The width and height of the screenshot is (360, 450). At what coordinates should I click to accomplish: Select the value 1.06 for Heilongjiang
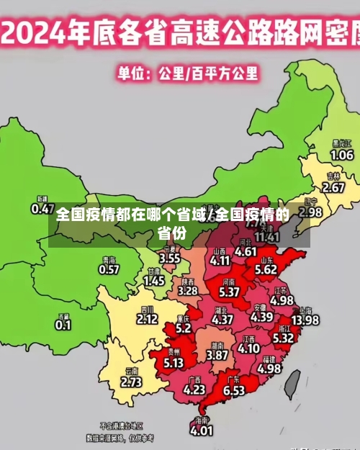(x=341, y=155)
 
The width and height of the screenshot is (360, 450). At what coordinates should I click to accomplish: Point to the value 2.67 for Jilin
(x=333, y=187)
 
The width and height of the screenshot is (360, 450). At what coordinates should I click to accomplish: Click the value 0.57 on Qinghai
(x=109, y=270)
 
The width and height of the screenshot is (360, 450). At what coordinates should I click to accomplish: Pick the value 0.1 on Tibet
(x=63, y=325)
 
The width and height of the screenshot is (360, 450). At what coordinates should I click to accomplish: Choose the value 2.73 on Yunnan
(x=131, y=382)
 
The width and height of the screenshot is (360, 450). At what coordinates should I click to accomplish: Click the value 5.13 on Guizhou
(x=174, y=363)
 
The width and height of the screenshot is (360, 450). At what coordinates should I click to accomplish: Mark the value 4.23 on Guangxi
(x=194, y=389)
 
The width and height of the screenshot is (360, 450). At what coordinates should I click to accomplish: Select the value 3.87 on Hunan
(x=217, y=355)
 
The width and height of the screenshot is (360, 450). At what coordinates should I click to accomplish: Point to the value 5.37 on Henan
(x=229, y=292)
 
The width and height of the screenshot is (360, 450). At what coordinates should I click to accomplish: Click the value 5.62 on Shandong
(x=266, y=269)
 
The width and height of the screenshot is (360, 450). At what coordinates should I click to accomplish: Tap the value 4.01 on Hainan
(x=201, y=431)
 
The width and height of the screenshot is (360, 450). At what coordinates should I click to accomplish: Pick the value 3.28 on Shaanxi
(x=187, y=291)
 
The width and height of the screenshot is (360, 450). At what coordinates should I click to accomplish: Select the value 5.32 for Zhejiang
(x=283, y=337)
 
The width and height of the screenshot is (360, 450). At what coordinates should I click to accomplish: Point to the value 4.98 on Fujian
(x=269, y=368)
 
